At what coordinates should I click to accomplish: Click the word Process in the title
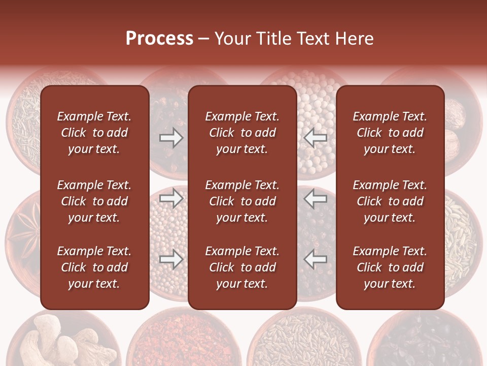[159, 39]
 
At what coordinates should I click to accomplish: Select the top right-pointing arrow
[171, 138]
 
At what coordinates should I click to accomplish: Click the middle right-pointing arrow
[171, 198]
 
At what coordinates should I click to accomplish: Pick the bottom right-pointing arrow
[171, 260]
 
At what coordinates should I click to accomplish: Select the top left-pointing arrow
[315, 138]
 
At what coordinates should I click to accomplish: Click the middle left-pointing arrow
[315, 198]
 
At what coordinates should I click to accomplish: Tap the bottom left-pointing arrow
[315, 260]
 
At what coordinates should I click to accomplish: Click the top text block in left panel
[94, 133]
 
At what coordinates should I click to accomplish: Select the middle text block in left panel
[94, 201]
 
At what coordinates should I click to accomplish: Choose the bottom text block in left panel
[94, 267]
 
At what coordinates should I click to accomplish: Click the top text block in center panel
[242, 133]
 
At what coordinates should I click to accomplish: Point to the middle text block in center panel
[242, 201]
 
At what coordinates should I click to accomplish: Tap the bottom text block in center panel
[242, 267]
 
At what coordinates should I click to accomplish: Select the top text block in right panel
[390, 133]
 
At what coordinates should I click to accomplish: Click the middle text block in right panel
[390, 201]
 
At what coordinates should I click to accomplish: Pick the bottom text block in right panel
[390, 267]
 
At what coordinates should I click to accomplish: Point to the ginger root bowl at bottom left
[56, 341]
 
